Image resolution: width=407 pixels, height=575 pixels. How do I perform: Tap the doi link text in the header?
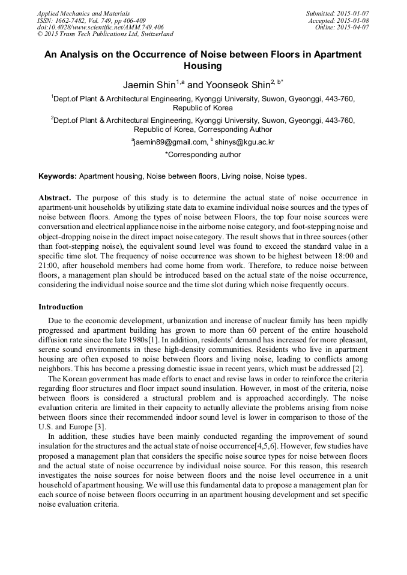(x=100, y=27)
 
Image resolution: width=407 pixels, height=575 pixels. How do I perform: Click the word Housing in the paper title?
(x=203, y=66)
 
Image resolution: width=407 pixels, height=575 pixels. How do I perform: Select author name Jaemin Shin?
(x=149, y=85)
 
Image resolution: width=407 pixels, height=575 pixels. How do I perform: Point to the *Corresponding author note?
(x=203, y=155)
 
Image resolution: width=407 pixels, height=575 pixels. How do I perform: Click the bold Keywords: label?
(x=58, y=177)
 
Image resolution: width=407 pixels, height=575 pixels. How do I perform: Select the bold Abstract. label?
(x=55, y=198)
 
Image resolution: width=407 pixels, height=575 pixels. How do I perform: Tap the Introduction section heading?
(x=61, y=307)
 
